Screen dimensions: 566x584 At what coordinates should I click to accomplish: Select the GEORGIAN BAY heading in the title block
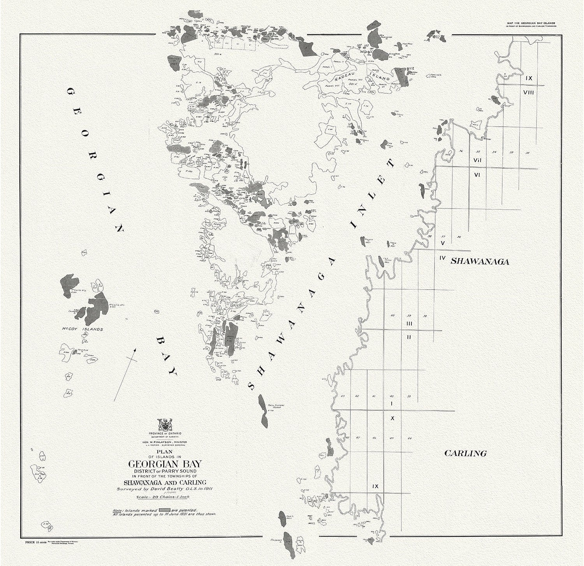165,464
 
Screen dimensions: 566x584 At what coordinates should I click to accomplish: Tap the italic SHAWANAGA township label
480,262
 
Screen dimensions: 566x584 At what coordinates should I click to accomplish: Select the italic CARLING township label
466,453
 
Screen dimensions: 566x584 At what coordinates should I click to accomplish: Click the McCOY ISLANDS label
83,329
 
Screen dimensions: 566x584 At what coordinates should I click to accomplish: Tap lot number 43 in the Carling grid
343,396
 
